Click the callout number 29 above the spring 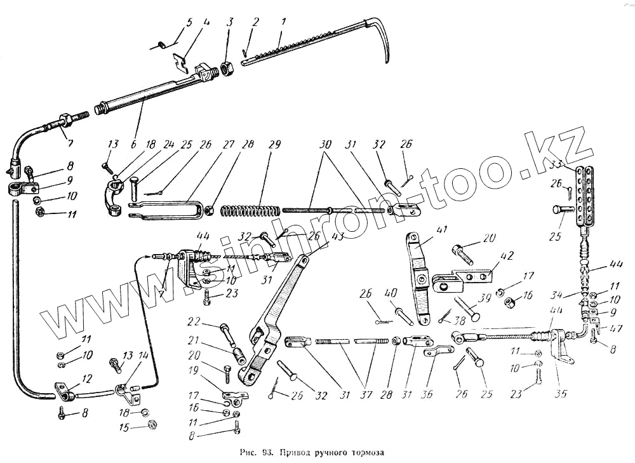274,145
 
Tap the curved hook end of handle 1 383,44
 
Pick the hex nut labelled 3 227,67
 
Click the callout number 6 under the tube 134,145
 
